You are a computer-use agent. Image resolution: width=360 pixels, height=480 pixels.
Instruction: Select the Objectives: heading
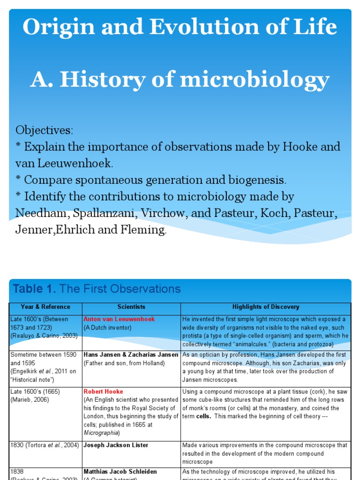click(45, 129)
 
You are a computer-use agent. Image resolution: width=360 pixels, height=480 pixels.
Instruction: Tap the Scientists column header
click(132, 307)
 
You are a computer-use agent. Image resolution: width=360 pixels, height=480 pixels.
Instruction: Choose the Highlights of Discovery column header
click(265, 307)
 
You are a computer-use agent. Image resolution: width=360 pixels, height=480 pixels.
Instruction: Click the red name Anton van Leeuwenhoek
click(119, 319)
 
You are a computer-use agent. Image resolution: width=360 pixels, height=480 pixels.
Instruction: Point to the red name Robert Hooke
click(103, 391)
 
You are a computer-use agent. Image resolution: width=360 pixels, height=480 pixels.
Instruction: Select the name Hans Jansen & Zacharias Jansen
click(131, 355)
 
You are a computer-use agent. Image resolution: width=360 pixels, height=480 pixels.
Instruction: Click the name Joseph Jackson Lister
click(116, 445)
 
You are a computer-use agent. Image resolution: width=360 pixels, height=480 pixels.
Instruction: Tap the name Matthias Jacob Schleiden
click(120, 472)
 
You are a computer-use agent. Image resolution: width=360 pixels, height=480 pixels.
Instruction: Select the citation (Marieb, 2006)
click(29, 400)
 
